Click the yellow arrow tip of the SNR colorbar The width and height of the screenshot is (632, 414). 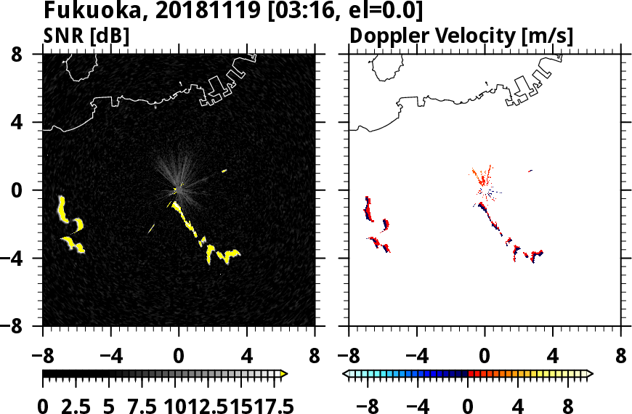(284, 374)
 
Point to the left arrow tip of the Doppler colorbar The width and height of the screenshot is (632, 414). (345, 374)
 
